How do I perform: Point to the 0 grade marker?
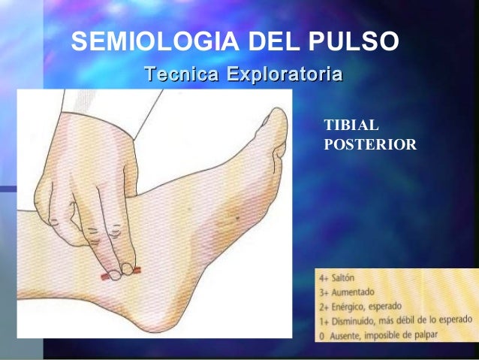pos(322,335)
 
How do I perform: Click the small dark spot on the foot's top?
pos(238,218)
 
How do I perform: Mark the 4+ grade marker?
pos(324,278)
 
